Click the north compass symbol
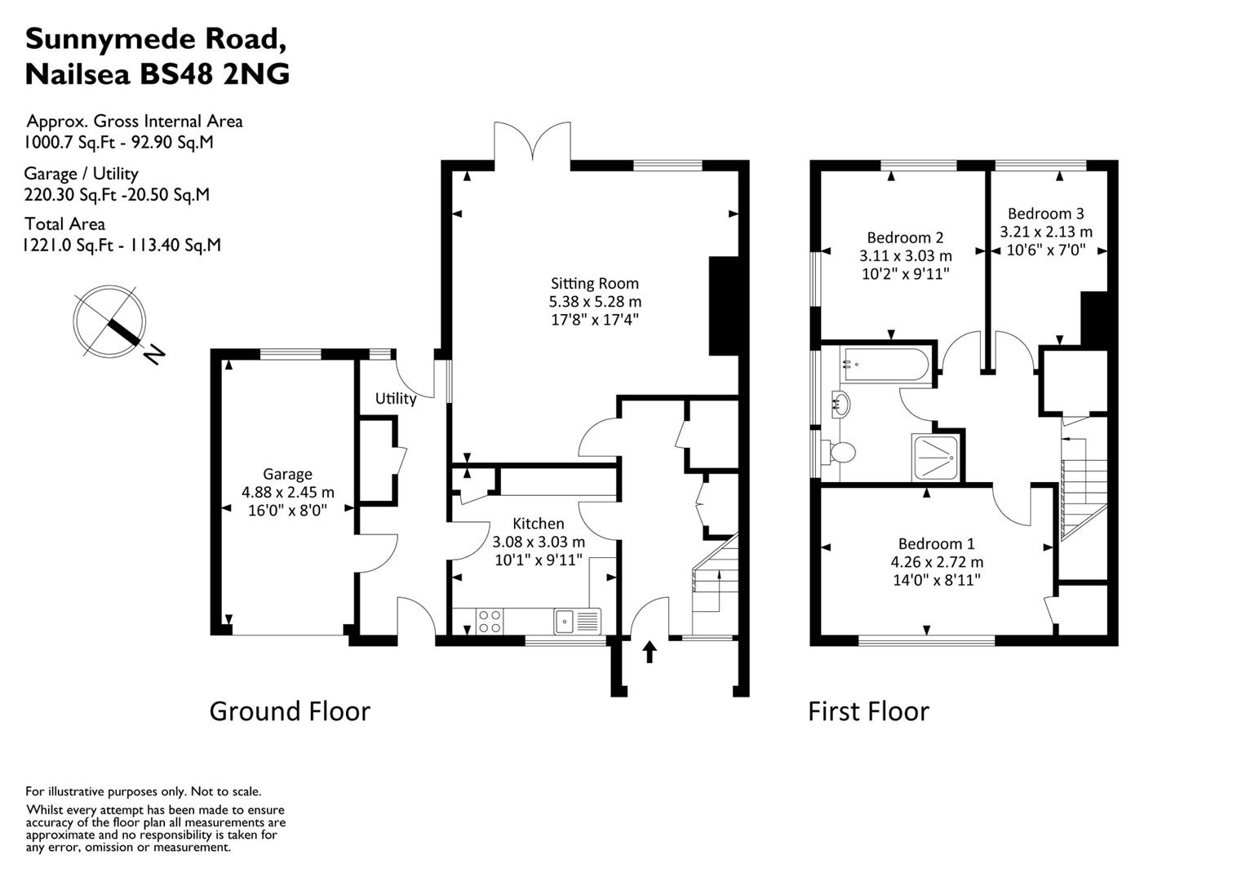click(x=110, y=322)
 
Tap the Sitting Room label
click(x=594, y=284)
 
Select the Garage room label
click(x=287, y=474)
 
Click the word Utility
click(x=396, y=399)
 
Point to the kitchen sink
click(x=565, y=622)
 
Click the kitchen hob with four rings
click(x=490, y=622)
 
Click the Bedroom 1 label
click(x=936, y=544)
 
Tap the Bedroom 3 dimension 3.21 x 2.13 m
click(x=1046, y=232)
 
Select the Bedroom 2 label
click(x=905, y=237)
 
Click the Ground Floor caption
click(x=290, y=711)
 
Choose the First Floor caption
click(x=868, y=711)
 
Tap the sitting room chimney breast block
click(x=723, y=306)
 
